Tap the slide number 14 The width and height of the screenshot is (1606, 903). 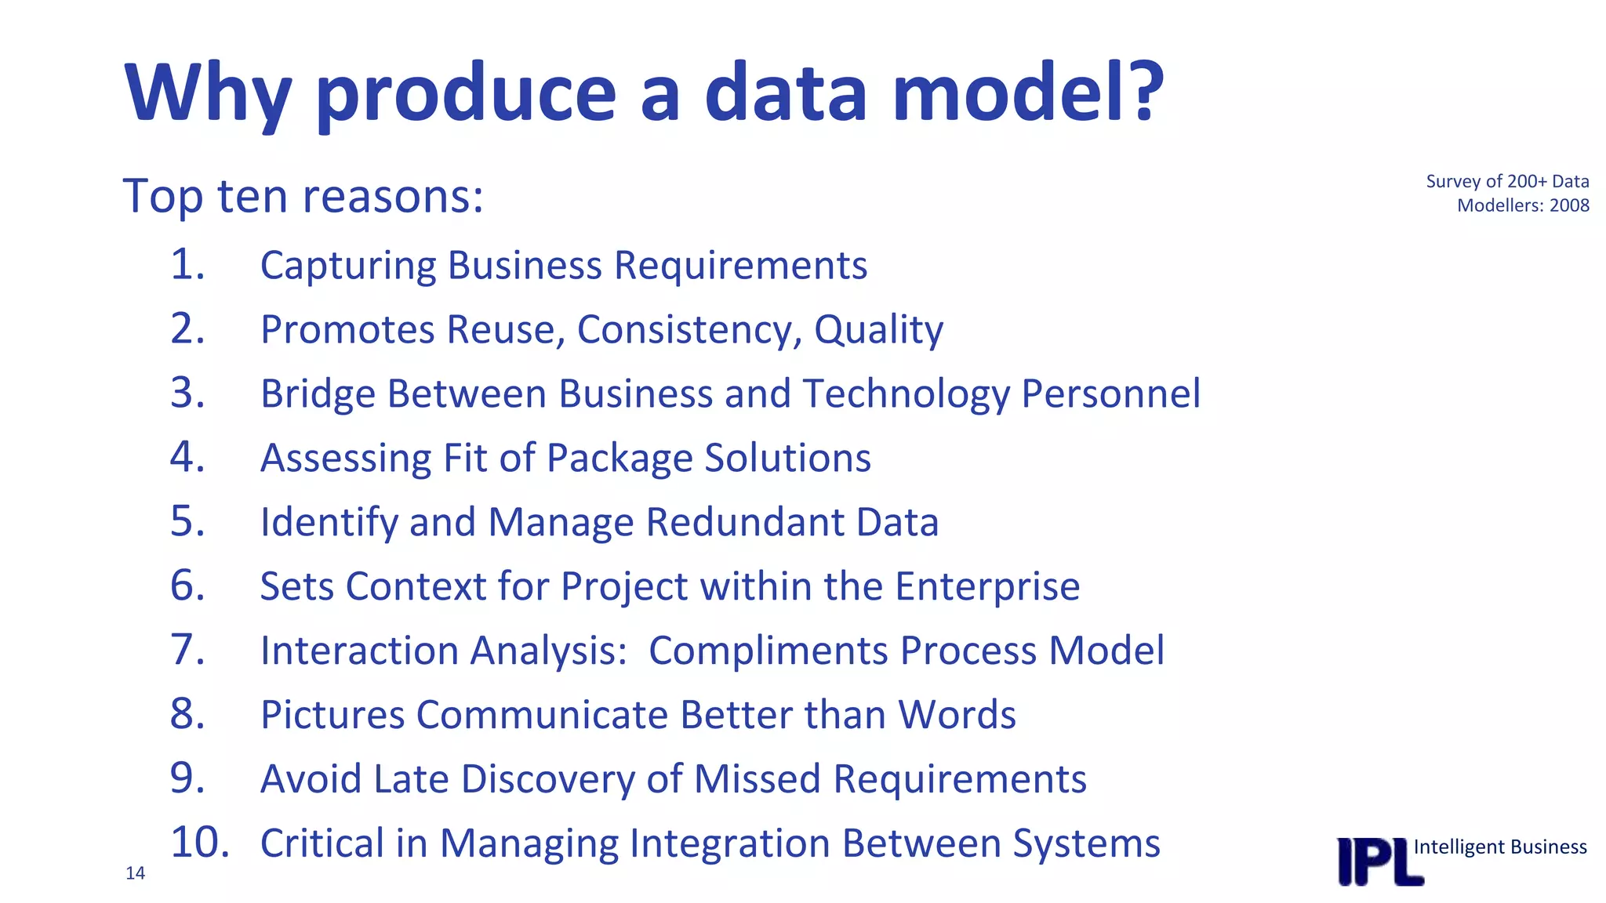coord(135,873)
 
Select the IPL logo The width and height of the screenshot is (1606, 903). coord(1379,862)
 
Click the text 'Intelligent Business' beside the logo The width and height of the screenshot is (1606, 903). coord(1499,847)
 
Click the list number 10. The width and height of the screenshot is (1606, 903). coord(199,843)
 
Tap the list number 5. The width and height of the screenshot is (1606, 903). coord(187,521)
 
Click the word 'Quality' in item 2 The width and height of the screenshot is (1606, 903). coord(878,330)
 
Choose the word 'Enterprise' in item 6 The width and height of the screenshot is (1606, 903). coord(987,586)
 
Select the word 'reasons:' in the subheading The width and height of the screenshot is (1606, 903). coord(393,196)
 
